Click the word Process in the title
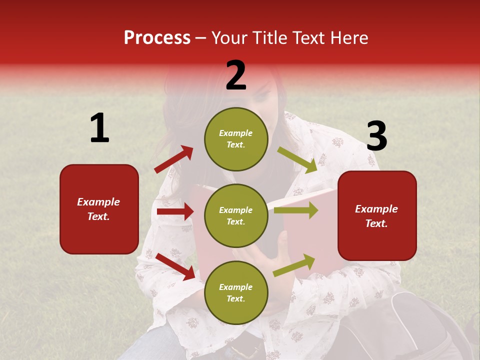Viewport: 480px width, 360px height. pyautogui.click(x=157, y=38)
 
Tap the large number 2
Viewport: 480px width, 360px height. pyautogui.click(x=236, y=75)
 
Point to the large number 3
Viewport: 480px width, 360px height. pyautogui.click(x=376, y=136)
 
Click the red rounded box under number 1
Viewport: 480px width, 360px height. pyautogui.click(x=99, y=209)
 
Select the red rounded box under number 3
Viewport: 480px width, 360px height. pyautogui.click(x=377, y=215)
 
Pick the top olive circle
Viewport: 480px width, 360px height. pyautogui.click(x=236, y=139)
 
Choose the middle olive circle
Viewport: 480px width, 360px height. pyautogui.click(x=236, y=215)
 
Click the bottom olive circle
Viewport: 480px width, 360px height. pyautogui.click(x=236, y=292)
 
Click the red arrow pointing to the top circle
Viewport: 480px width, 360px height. pyautogui.click(x=174, y=159)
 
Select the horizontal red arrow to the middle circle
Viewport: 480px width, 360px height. pyautogui.click(x=175, y=211)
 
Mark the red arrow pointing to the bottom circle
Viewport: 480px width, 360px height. pyautogui.click(x=175, y=266)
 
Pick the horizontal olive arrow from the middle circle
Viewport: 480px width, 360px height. pyautogui.click(x=296, y=210)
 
